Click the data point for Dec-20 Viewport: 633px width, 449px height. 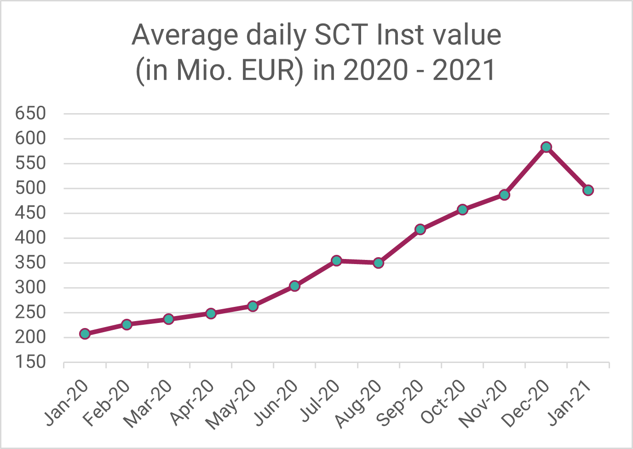(x=546, y=147)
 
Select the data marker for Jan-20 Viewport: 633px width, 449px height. (x=85, y=334)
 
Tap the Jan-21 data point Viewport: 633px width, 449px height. (x=588, y=190)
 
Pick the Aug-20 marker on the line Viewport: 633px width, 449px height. (x=378, y=263)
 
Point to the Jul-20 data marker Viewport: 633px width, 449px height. (x=336, y=261)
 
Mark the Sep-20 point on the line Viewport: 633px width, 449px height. (x=420, y=230)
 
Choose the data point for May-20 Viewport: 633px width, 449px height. (x=253, y=306)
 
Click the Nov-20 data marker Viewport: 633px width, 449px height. (x=504, y=195)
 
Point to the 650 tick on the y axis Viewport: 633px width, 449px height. (x=30, y=113)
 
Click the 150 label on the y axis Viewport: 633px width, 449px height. (x=30, y=362)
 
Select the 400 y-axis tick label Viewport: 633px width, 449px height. (x=30, y=238)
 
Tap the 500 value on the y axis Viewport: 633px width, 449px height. (x=30, y=188)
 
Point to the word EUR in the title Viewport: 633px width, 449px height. (x=267, y=70)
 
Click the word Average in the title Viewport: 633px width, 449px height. (x=185, y=35)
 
